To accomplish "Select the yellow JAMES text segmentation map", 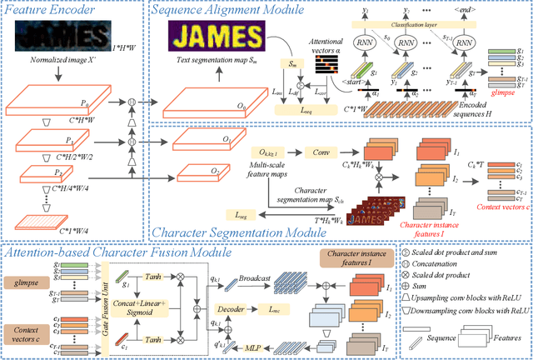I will point(214,38).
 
